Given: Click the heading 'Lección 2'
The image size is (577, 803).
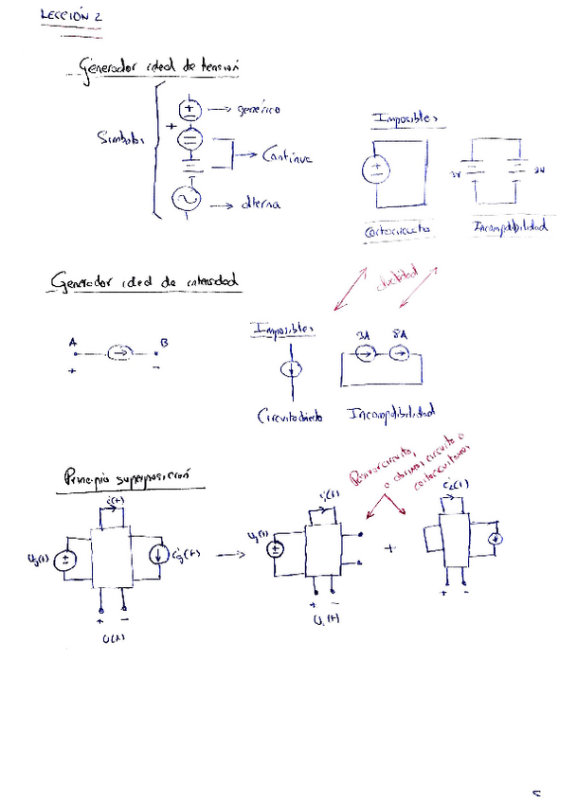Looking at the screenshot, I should [x=72, y=17].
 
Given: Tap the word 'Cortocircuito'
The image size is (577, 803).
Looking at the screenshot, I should [x=397, y=230].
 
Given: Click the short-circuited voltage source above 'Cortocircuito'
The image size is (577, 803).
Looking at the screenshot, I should [x=375, y=171].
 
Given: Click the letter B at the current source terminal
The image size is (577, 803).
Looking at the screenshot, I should [x=165, y=343].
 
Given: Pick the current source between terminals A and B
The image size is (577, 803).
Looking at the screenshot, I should [x=118, y=354].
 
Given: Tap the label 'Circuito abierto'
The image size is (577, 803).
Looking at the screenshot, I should [x=288, y=416].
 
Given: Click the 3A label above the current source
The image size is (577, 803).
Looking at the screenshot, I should [x=362, y=336].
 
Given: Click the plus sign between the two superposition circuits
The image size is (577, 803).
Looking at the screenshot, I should [x=389, y=548].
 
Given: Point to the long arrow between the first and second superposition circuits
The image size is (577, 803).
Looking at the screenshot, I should [x=228, y=554].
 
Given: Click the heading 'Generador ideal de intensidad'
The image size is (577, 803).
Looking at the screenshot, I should [x=145, y=282].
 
